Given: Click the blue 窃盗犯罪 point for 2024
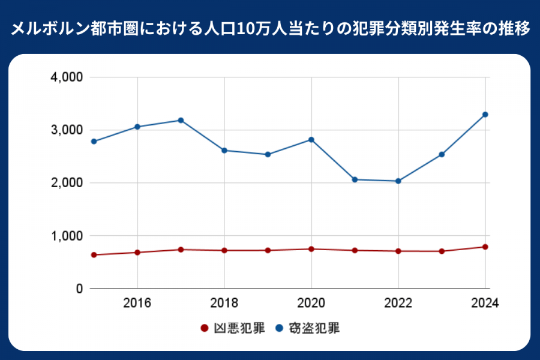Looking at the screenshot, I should (485, 115).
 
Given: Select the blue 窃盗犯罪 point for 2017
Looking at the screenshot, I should (181, 120).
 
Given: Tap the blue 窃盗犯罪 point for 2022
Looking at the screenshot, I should (398, 181).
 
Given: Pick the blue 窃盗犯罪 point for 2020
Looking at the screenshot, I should (311, 140).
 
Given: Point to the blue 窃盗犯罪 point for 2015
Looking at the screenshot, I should (94, 142).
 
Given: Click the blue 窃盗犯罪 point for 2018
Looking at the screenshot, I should (224, 151).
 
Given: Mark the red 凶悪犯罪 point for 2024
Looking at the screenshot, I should (485, 247).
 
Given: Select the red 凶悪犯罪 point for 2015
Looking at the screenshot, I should (94, 255).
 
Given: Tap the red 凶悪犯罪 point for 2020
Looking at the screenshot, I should (311, 249).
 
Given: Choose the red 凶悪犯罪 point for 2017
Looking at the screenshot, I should (181, 250).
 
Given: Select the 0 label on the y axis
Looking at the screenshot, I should (79, 289).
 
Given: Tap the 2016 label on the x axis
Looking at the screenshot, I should (137, 303).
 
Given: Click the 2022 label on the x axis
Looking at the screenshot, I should (398, 303).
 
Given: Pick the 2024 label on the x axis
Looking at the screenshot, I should (485, 303).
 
